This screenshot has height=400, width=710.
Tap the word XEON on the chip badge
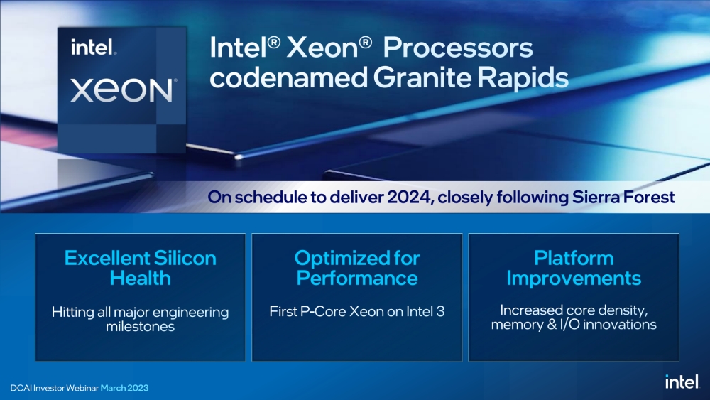tap(122, 91)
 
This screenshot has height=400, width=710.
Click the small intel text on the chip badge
tap(93, 49)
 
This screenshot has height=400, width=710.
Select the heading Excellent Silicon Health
tap(141, 267)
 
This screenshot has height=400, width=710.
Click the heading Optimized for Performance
tap(357, 267)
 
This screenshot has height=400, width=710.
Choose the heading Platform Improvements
tap(574, 267)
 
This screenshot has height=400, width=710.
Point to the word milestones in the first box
tap(141, 326)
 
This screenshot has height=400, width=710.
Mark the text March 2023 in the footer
tap(124, 388)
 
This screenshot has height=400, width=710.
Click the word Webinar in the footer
tap(80, 388)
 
